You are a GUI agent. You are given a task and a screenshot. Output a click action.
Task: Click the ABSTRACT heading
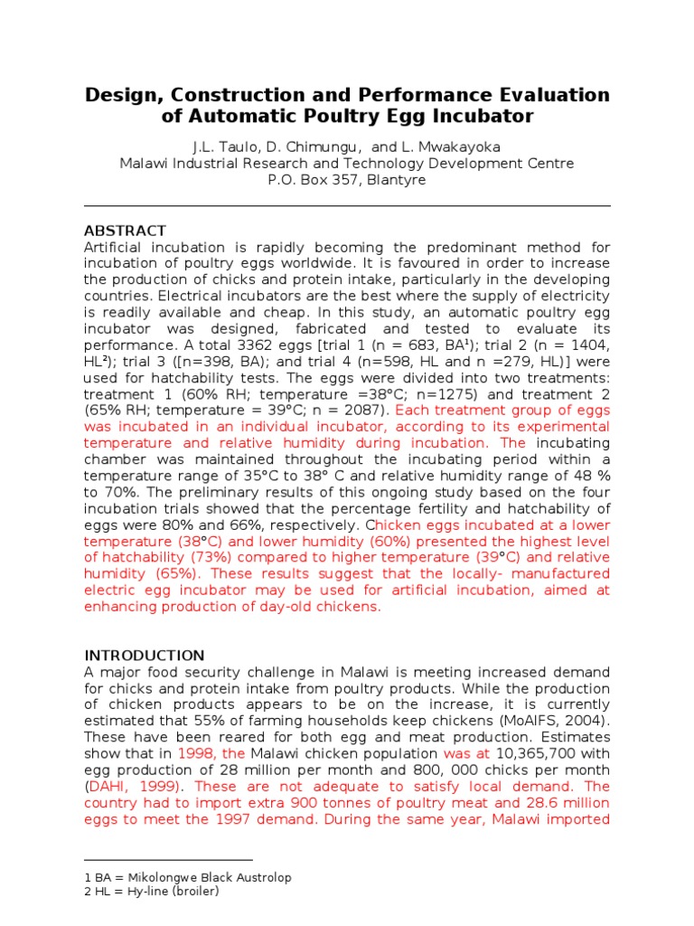125,231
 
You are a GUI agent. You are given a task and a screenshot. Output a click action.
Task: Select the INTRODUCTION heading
145,655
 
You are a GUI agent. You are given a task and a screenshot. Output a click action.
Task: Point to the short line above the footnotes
168,861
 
